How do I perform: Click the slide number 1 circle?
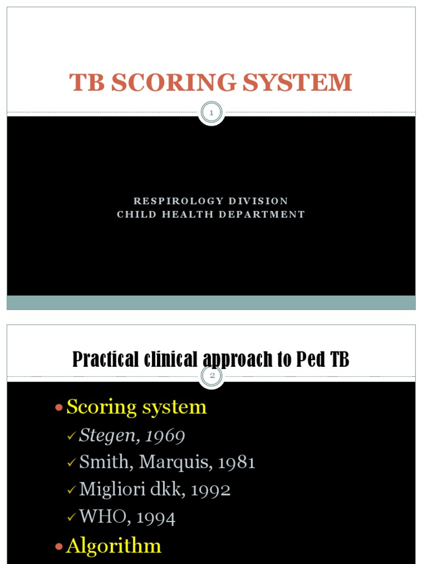pyautogui.click(x=211, y=113)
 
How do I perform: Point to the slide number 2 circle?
pyautogui.click(x=211, y=377)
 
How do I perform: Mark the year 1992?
pyautogui.click(x=211, y=489)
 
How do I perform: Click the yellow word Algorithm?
pyautogui.click(x=113, y=546)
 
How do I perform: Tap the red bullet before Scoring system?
pyautogui.click(x=59, y=408)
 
